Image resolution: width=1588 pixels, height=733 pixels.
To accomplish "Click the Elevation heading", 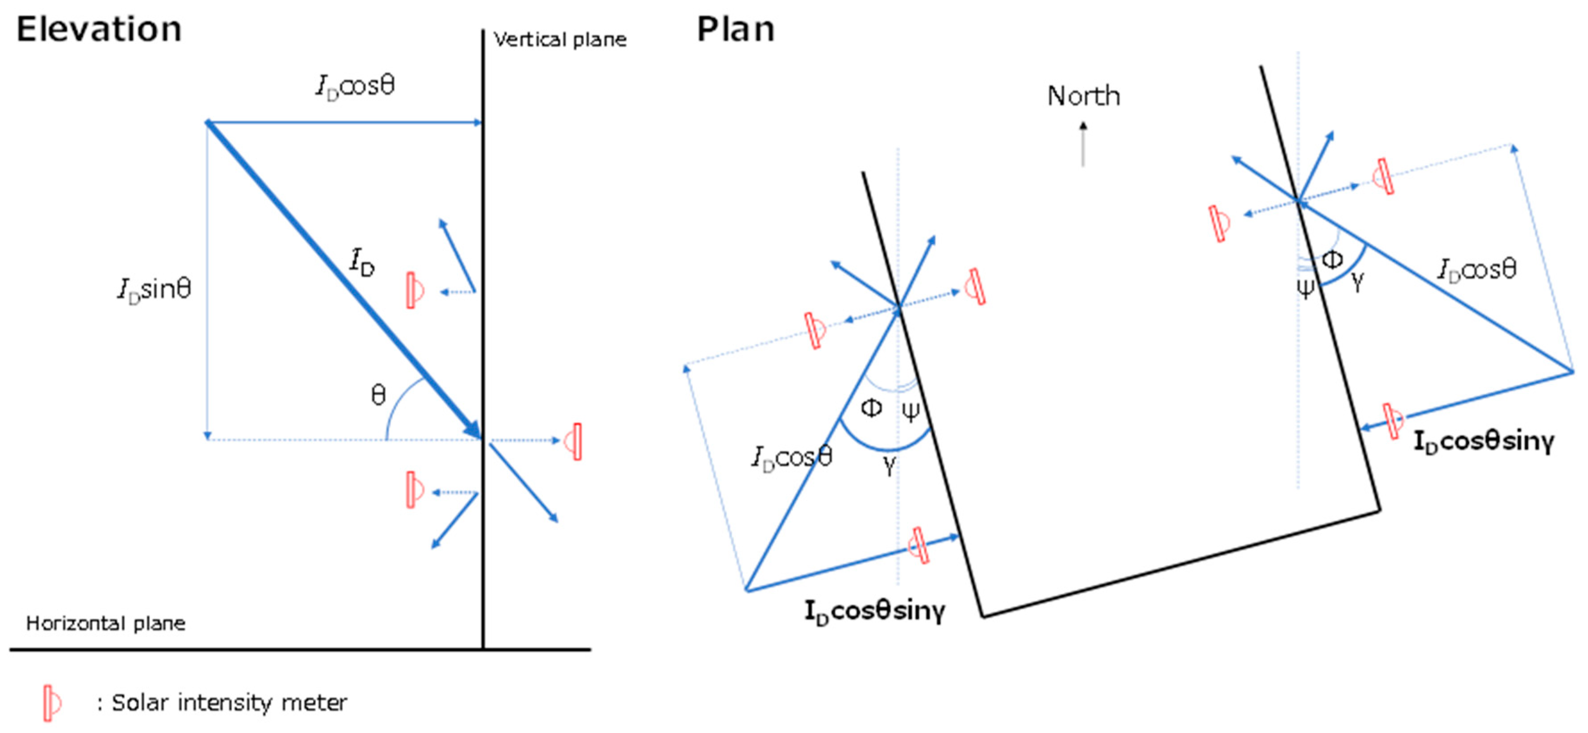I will coord(99,29).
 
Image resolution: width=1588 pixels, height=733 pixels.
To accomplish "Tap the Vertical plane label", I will coord(560,40).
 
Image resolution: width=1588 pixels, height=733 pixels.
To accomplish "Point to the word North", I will coord(1083,96).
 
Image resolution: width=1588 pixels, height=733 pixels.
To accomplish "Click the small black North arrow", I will coord(1083,144).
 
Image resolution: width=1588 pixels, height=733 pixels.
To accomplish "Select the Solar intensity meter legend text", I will coord(229,702).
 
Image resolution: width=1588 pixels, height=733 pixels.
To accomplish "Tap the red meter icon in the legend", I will coord(52,702).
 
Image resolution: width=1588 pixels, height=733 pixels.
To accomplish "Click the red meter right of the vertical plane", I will coord(574,441).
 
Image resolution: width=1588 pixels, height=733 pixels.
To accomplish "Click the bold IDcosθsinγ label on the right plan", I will coord(1483,441).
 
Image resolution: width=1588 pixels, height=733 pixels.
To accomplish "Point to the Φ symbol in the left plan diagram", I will coord(871,408).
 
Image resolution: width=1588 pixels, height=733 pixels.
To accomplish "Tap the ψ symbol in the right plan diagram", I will coord(1304,287).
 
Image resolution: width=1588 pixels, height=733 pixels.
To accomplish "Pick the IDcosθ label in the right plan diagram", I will coord(1476,269).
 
